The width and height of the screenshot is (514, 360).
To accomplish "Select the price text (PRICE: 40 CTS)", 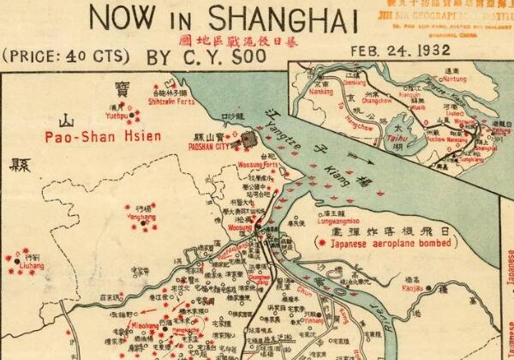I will (x=66, y=57).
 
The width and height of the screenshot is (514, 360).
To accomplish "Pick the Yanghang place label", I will (x=140, y=218).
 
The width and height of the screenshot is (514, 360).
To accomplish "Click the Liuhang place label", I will (x=30, y=267).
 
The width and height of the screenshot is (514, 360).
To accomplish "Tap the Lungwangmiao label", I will (x=320, y=220).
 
